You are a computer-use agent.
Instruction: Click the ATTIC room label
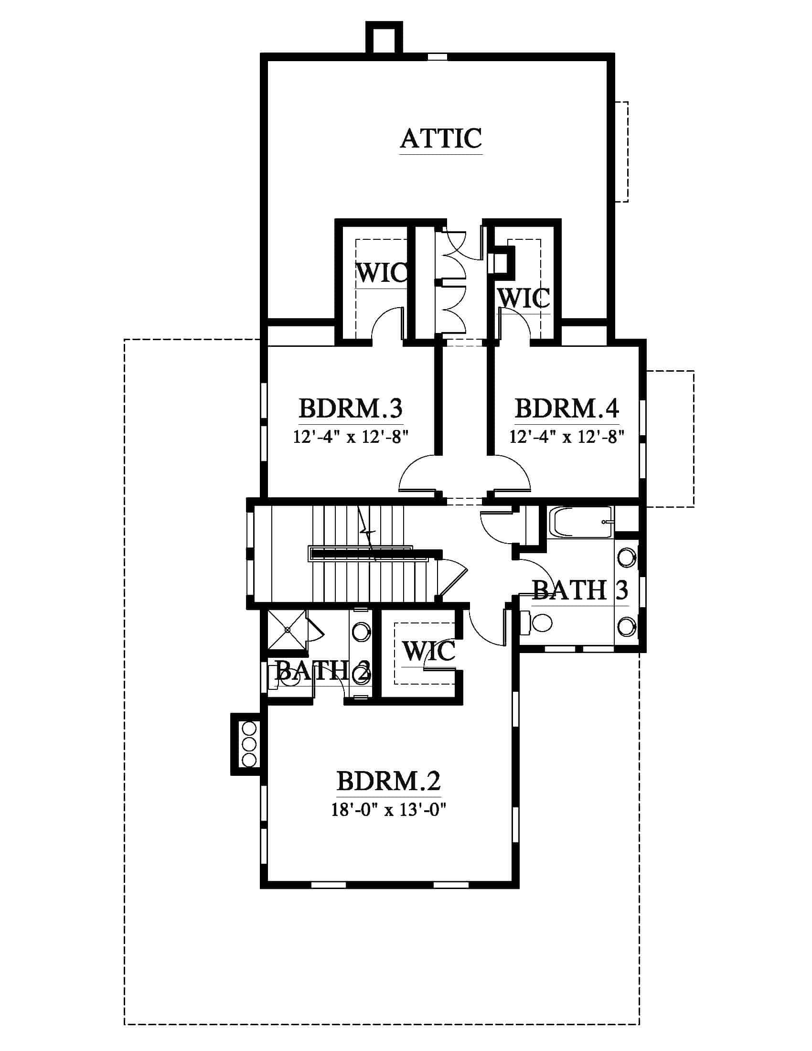[x=441, y=138]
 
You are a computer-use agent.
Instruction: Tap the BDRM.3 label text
[x=350, y=408]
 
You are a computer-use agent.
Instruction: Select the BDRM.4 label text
[x=566, y=408]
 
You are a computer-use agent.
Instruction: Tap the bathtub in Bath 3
[x=581, y=522]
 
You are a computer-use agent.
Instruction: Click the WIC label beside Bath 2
[x=428, y=652]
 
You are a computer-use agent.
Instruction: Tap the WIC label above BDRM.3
[x=382, y=273]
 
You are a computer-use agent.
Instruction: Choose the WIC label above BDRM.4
[x=524, y=299]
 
